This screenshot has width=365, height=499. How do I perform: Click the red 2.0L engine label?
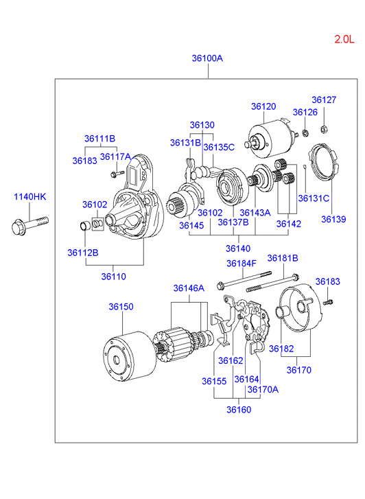(x=344, y=39)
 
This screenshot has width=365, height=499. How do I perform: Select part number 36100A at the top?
(x=207, y=58)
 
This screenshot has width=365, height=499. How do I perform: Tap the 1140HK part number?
(x=30, y=197)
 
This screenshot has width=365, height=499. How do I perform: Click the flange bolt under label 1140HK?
(x=30, y=225)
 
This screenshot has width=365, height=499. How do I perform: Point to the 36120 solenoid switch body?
(x=270, y=139)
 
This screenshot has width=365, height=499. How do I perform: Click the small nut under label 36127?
(x=324, y=129)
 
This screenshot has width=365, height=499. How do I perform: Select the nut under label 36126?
(x=305, y=132)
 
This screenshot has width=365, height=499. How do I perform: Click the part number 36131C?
(x=314, y=198)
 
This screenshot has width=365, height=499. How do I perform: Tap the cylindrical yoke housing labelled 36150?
(x=130, y=356)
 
